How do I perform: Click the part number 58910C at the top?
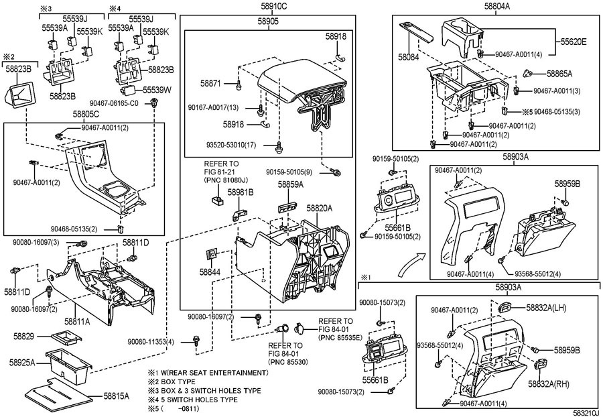(274, 7)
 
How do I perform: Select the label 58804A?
(496, 6)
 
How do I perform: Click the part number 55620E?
(573, 42)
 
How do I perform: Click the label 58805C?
(86, 115)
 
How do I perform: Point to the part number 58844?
(210, 273)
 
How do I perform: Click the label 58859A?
(291, 184)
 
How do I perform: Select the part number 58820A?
(319, 208)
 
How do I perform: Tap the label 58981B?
(240, 192)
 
